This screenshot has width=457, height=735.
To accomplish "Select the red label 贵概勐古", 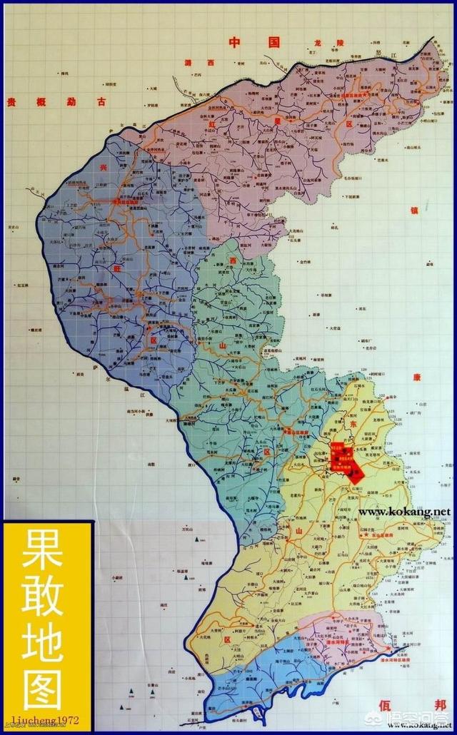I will (x=55, y=102).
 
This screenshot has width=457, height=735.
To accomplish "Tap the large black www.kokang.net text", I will (x=405, y=512).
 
